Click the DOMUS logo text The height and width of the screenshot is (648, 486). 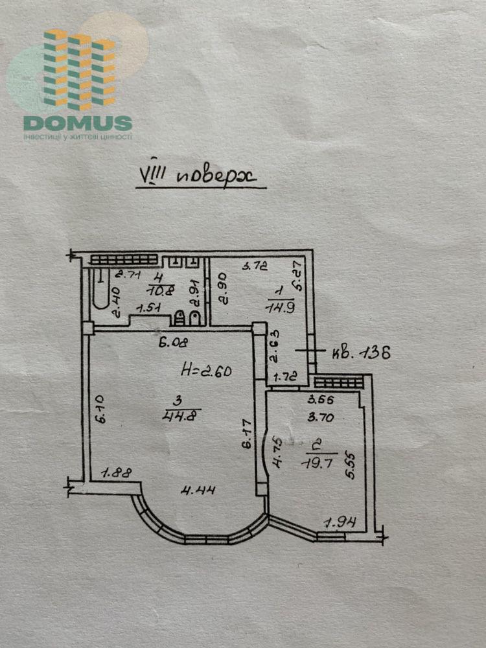(78, 122)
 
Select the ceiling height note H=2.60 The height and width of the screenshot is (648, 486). (206, 372)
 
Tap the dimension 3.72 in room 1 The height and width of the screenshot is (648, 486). (255, 266)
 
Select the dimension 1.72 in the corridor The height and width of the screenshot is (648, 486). (284, 376)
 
